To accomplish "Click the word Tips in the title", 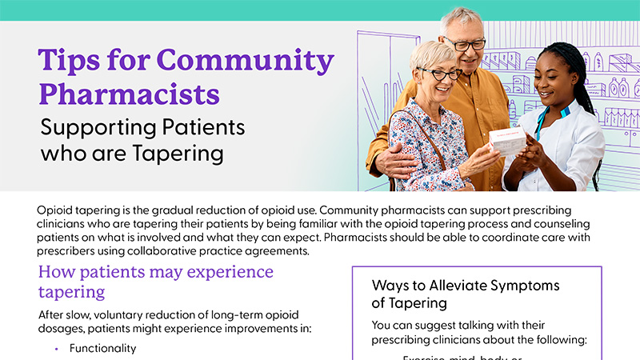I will click(68, 61).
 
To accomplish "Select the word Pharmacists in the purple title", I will click(129, 94).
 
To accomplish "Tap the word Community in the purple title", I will click(245, 61).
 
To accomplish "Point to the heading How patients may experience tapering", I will click(155, 281).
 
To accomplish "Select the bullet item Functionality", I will click(102, 348).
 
